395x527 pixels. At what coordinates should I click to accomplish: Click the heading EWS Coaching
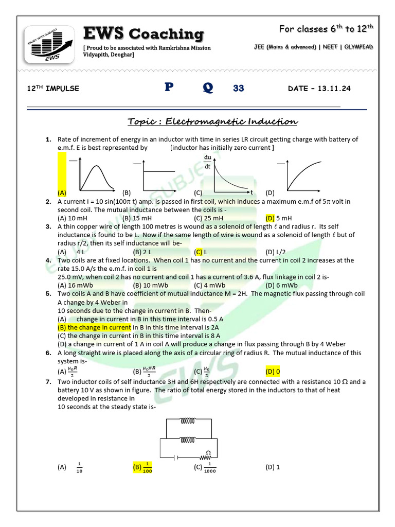143,34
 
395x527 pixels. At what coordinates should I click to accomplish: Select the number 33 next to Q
239,89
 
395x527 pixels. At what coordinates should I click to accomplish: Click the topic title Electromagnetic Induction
212,121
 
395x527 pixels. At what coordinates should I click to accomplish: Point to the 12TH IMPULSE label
53,89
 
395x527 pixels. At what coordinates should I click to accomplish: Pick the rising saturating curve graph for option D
306,175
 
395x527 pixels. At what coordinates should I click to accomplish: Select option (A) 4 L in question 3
72,252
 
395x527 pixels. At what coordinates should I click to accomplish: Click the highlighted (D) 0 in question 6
273,371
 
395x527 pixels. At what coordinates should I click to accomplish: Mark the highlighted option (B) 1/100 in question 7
142,467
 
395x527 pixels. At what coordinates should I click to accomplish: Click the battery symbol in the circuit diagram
176,456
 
